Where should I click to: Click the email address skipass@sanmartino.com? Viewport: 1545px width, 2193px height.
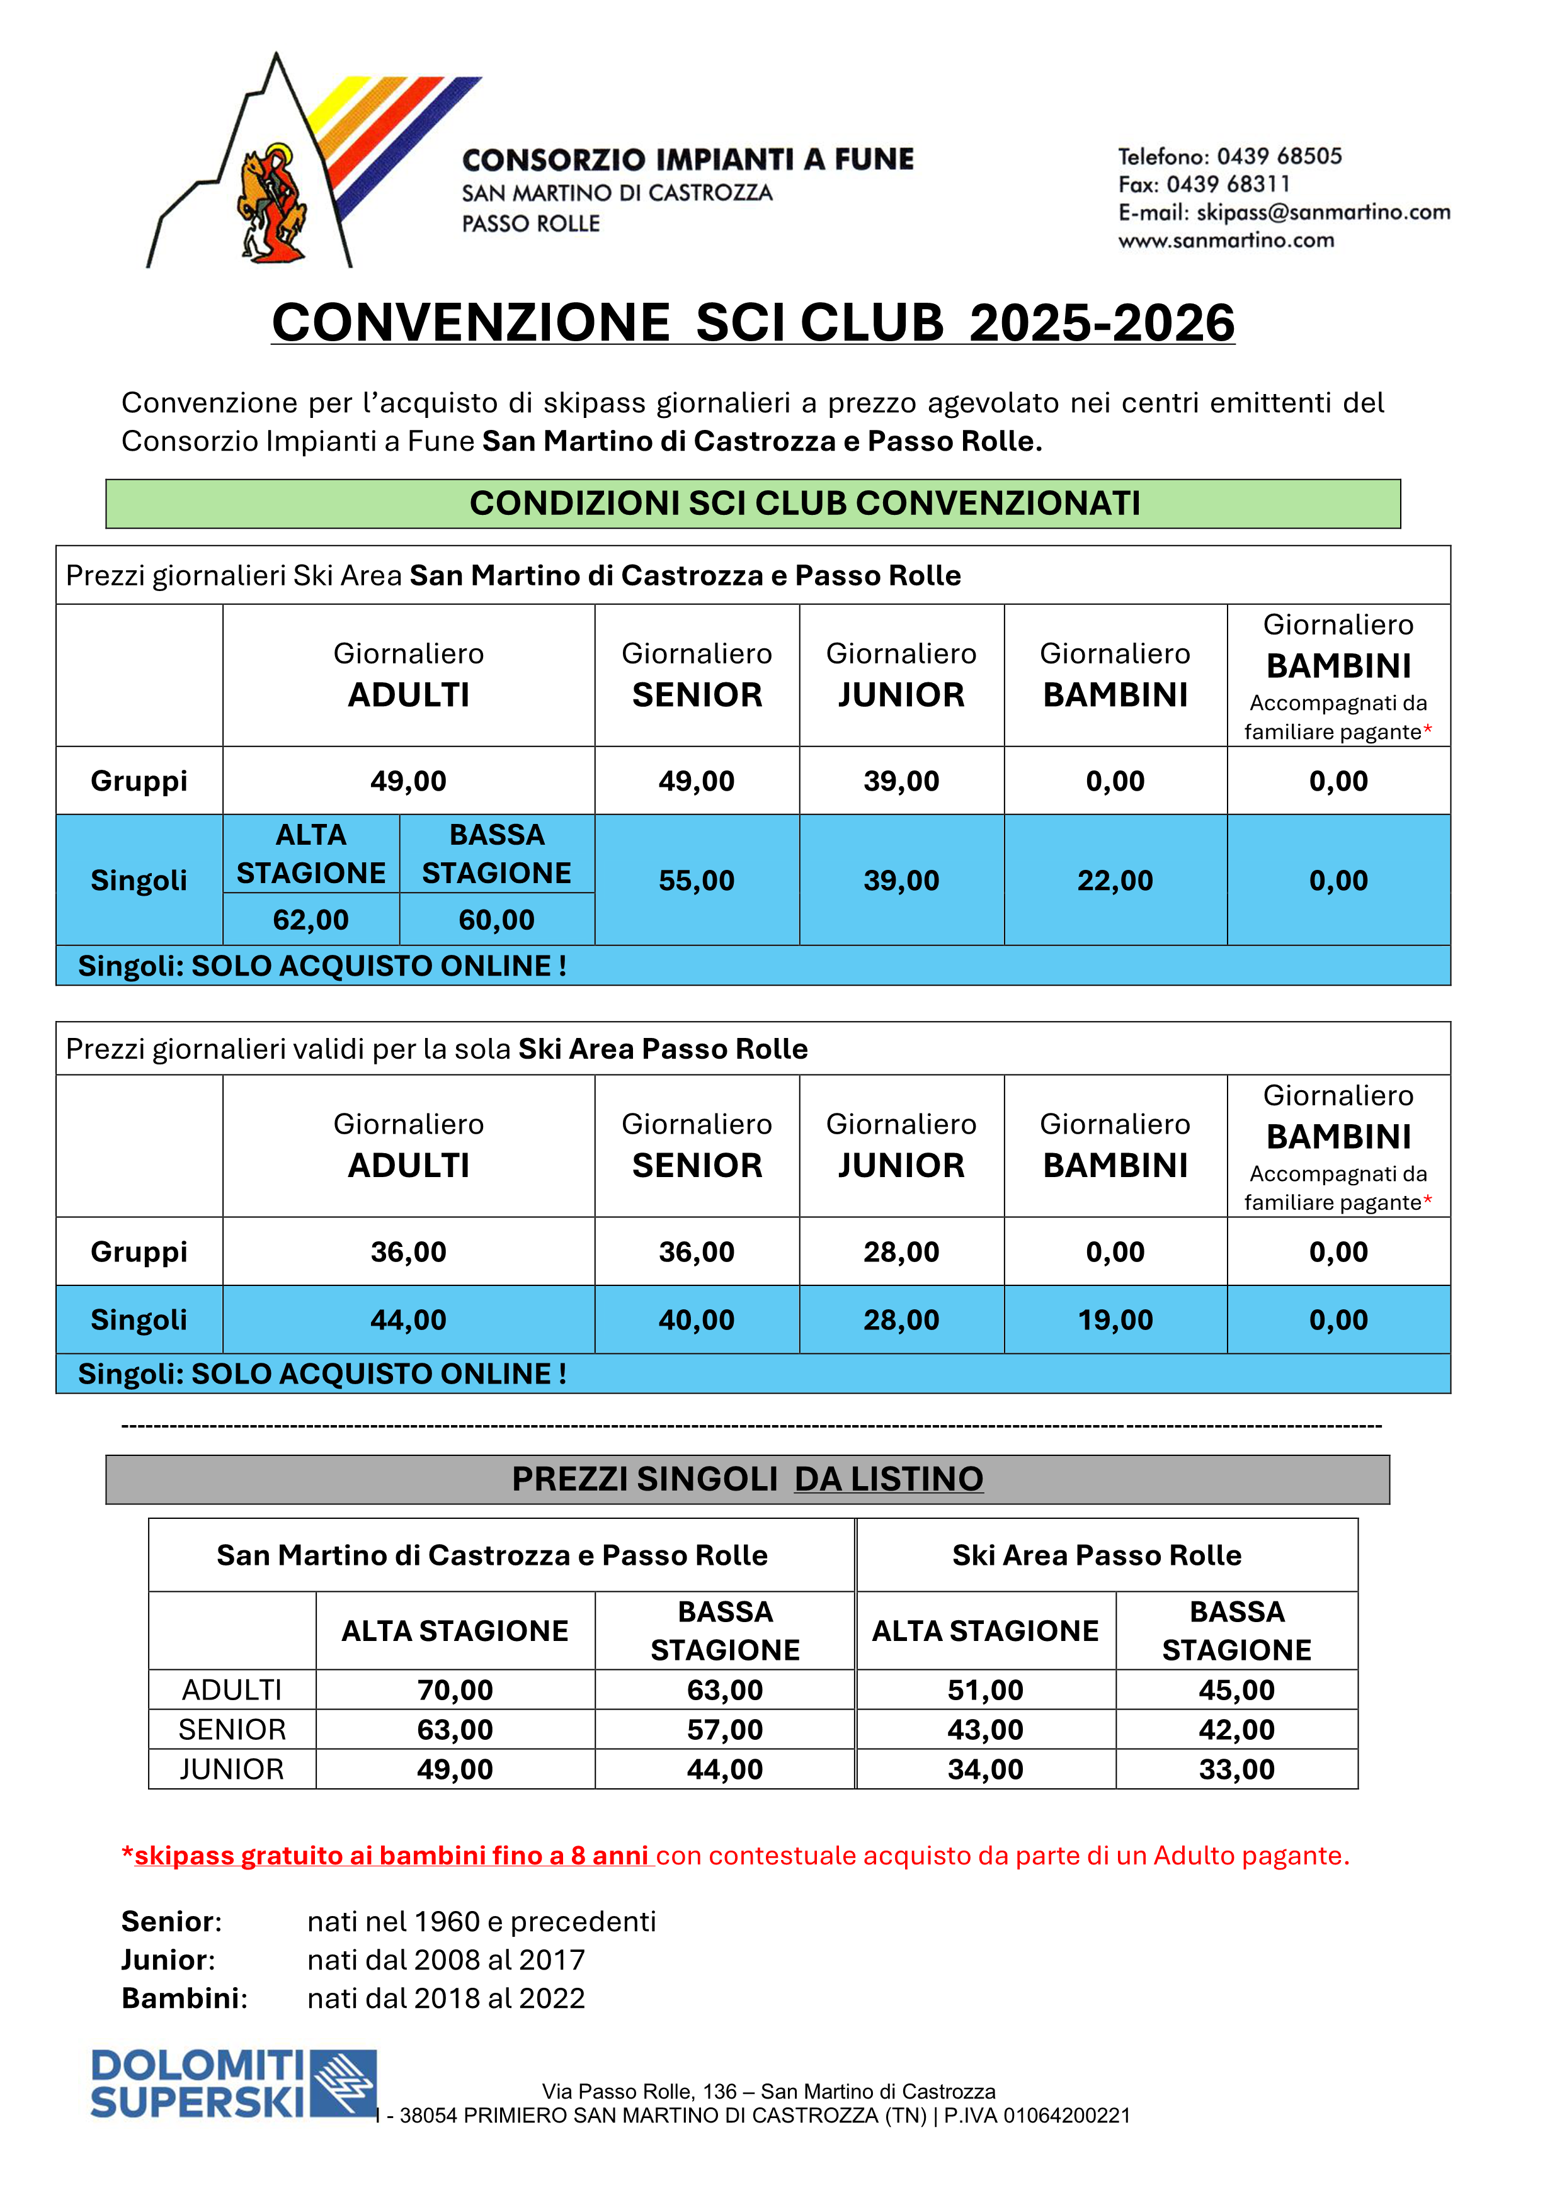[x=1323, y=212]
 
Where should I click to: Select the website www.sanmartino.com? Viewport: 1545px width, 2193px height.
[x=1226, y=240]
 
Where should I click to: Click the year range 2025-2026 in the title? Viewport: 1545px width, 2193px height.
[x=1102, y=323]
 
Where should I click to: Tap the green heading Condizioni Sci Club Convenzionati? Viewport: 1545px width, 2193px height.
[x=804, y=504]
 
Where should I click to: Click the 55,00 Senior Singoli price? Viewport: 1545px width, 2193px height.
[x=697, y=881]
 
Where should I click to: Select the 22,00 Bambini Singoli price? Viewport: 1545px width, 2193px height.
[x=1115, y=881]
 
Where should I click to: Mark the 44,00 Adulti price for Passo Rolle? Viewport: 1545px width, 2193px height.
[x=408, y=1320]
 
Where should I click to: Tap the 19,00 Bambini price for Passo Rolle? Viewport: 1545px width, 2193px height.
[x=1115, y=1320]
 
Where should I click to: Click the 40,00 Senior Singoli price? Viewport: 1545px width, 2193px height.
[x=697, y=1320]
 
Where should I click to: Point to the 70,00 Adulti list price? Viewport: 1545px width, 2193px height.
[x=455, y=1691]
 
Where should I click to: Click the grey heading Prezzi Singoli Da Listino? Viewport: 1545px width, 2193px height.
[x=747, y=1479]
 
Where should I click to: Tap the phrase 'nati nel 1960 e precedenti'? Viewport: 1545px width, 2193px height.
[x=482, y=1922]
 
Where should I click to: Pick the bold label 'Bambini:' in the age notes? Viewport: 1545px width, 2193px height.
[x=185, y=1998]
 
